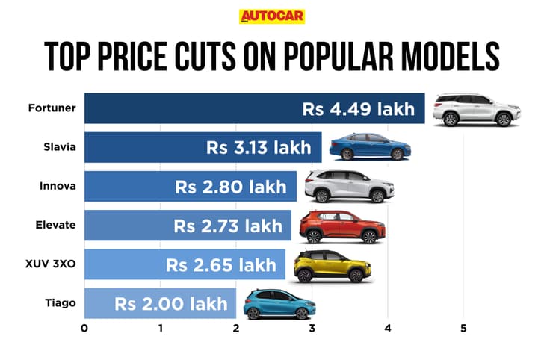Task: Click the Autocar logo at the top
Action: pyautogui.click(x=272, y=17)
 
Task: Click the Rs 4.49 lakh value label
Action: pyautogui.click(x=358, y=109)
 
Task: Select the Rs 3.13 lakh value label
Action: pyautogui.click(x=259, y=148)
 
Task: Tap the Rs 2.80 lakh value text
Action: pyautogui.click(x=231, y=187)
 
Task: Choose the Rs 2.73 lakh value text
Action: pyautogui.click(x=227, y=226)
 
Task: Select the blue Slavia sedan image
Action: pyautogui.click(x=370, y=146)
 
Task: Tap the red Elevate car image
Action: pyautogui.click(x=342, y=226)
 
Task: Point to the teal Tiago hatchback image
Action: pyautogui.click(x=279, y=304)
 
